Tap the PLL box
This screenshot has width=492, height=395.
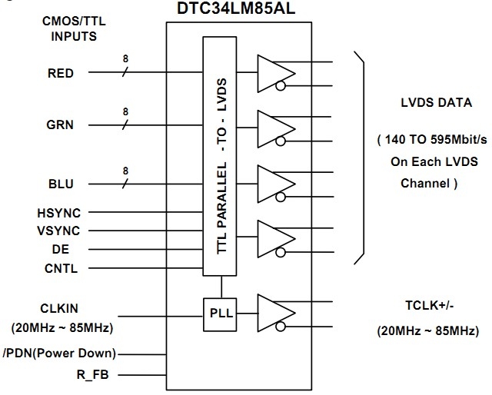pyautogui.click(x=221, y=313)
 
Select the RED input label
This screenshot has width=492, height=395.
pyautogui.click(x=61, y=74)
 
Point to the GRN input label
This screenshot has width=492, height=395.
pyautogui.click(x=60, y=124)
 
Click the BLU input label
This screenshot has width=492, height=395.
pyautogui.click(x=61, y=184)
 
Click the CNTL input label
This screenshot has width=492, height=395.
pyautogui.click(x=62, y=268)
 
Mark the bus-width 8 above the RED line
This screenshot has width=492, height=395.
pyautogui.click(x=126, y=58)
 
